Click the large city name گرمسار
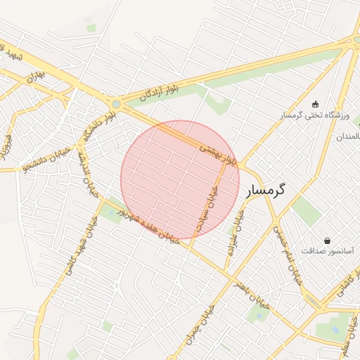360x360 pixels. [x=267, y=190]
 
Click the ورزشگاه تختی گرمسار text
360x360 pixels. [x=311, y=115]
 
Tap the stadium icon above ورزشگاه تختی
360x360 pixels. [x=314, y=104]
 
